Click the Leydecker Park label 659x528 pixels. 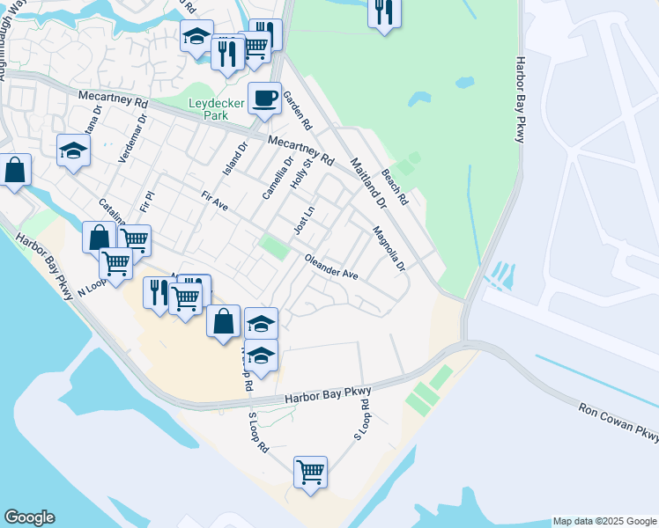point(216,109)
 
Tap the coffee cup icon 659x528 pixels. point(263,99)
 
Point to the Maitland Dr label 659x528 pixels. point(368,183)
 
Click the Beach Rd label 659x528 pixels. point(394,187)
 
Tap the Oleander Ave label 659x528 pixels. point(331,268)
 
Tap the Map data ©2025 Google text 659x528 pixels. point(603,521)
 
